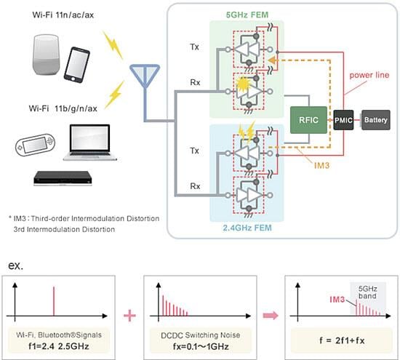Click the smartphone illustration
pyautogui.click(x=76, y=65)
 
